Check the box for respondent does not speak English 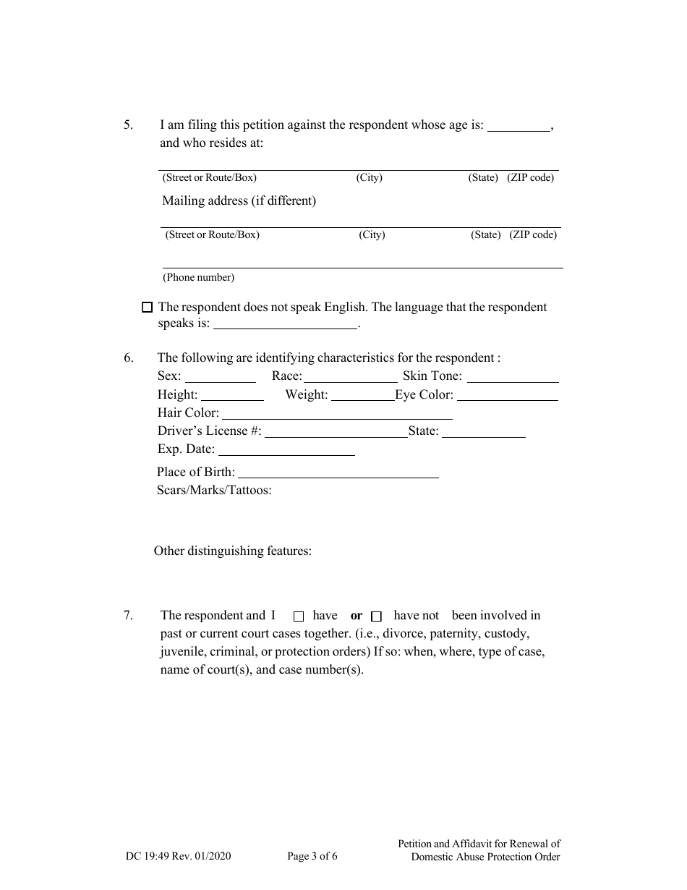(148, 308)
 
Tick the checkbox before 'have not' (376, 616)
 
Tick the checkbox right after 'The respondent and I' (299, 616)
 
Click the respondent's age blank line (519, 126)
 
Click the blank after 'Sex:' (221, 377)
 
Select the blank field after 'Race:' (350, 377)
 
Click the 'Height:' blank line (232, 396)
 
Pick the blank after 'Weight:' (362, 396)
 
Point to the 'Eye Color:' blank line (508, 396)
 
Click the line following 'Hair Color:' (337, 414)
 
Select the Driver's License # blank (336, 432)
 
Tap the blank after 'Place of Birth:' (338, 473)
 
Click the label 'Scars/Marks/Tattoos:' (214, 491)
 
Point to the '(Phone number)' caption (198, 277)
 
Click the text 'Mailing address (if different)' (239, 201)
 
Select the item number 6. (128, 357)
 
